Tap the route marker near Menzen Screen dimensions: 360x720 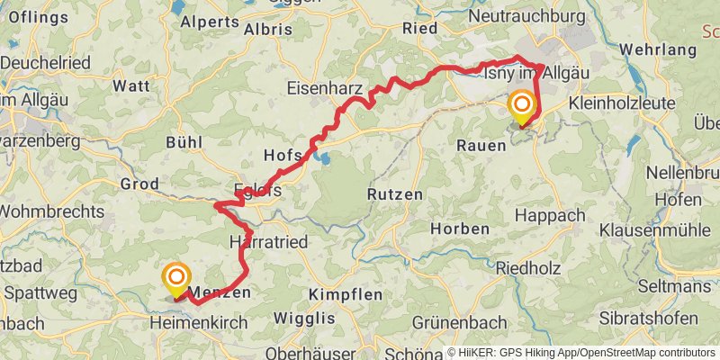point(177,278)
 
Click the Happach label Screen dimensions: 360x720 point(550,216)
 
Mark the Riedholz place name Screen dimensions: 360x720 point(534,267)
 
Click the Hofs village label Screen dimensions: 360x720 point(283,155)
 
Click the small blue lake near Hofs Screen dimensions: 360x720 point(321,160)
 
